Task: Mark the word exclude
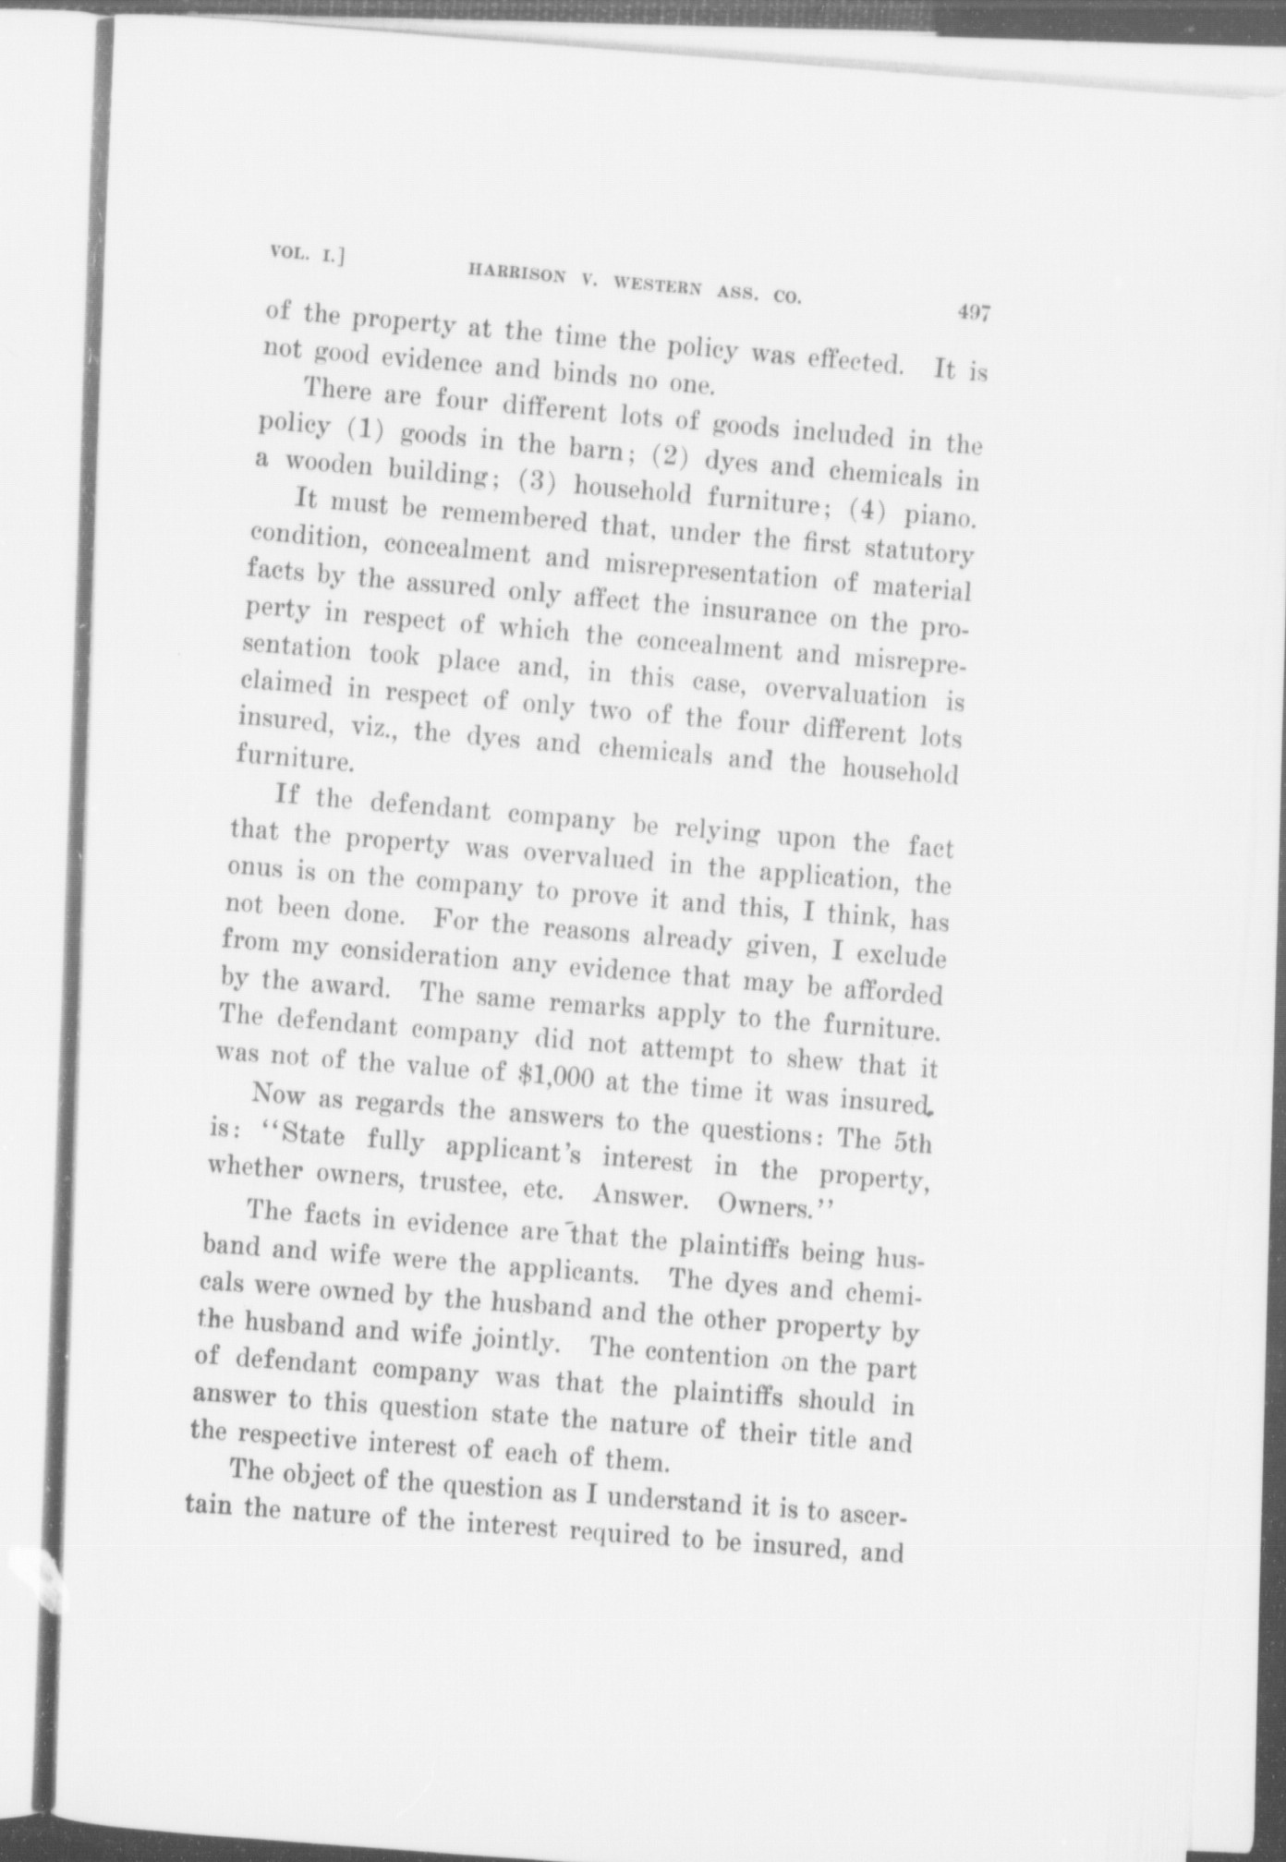[902, 956]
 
